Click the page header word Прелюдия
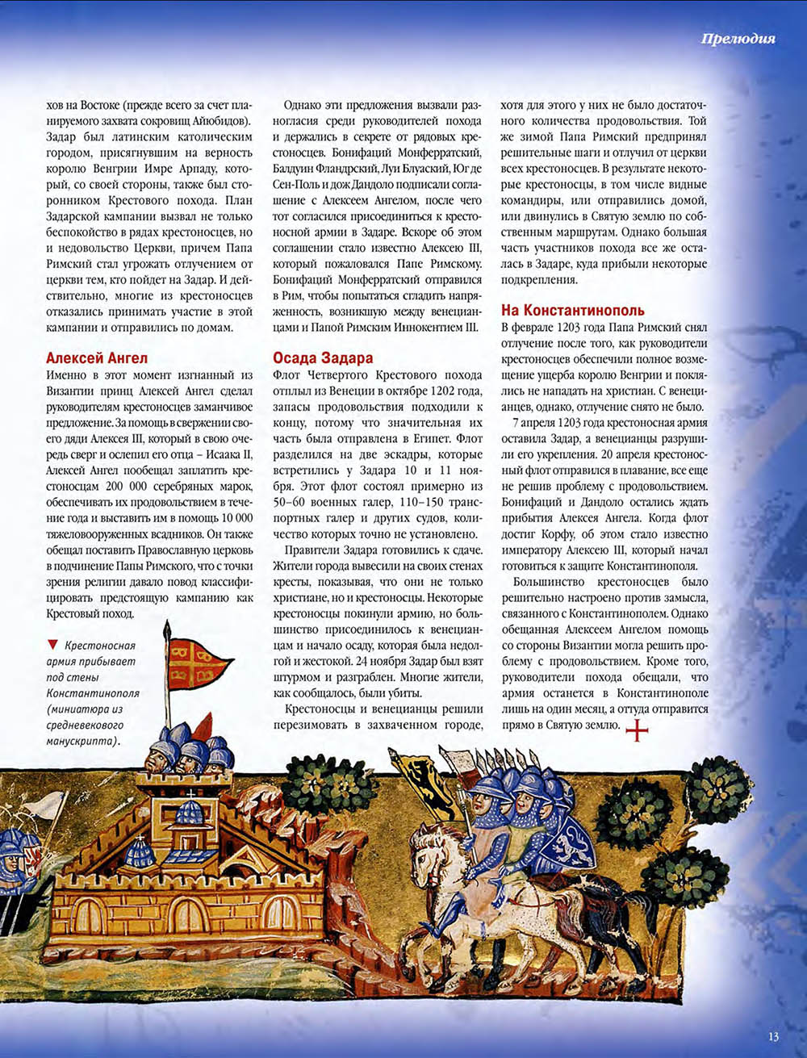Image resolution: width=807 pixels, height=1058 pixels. [x=738, y=38]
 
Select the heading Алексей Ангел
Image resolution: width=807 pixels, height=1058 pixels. [x=97, y=358]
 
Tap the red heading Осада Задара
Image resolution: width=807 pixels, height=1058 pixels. [x=323, y=358]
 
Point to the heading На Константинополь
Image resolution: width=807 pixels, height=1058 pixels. [x=573, y=311]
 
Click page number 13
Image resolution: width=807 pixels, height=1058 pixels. [x=773, y=1037]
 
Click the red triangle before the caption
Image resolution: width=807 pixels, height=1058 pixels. [x=53, y=644]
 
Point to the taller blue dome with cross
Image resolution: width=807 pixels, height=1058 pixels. [x=190, y=811]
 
